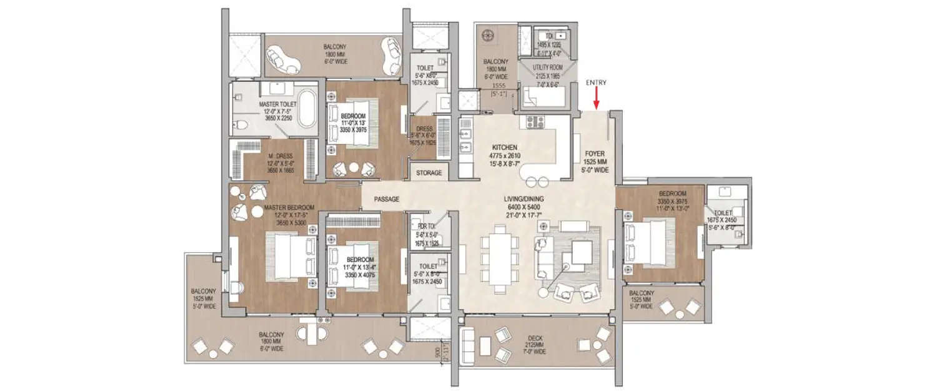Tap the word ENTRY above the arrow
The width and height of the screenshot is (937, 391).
597,83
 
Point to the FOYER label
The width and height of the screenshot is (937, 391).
593,152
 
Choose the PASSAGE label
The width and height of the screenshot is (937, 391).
387,199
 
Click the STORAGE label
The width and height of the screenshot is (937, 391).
429,173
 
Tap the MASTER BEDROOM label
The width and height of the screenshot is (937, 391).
289,207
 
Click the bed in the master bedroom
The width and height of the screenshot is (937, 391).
289,255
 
